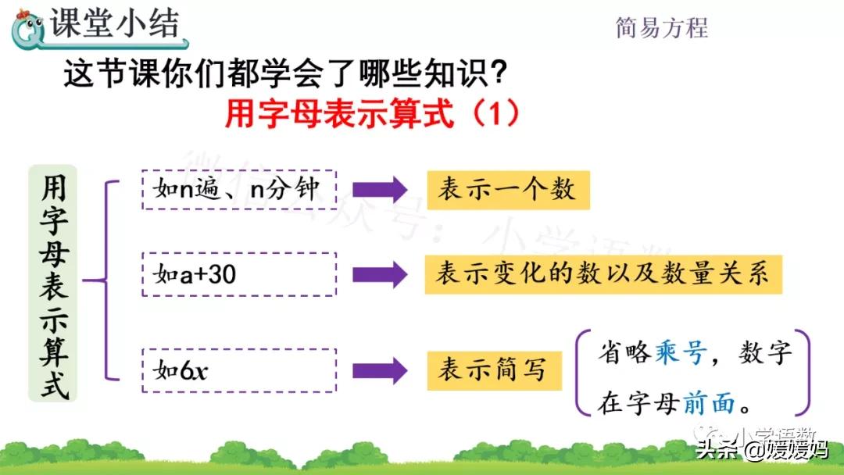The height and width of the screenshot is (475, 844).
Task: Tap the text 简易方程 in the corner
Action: tap(661, 27)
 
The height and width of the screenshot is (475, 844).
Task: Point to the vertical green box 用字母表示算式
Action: tap(53, 282)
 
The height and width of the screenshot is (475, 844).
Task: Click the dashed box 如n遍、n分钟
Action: tap(238, 189)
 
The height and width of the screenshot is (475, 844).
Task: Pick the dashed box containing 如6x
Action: tap(238, 370)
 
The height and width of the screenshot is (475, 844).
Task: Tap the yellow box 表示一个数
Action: tap(507, 190)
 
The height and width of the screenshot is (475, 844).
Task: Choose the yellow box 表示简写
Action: tap(494, 370)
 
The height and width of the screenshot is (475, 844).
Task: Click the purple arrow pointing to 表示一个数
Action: tap(379, 190)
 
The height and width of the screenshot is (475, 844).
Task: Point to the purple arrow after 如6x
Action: tap(379, 370)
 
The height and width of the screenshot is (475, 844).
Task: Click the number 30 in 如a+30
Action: tap(220, 274)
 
